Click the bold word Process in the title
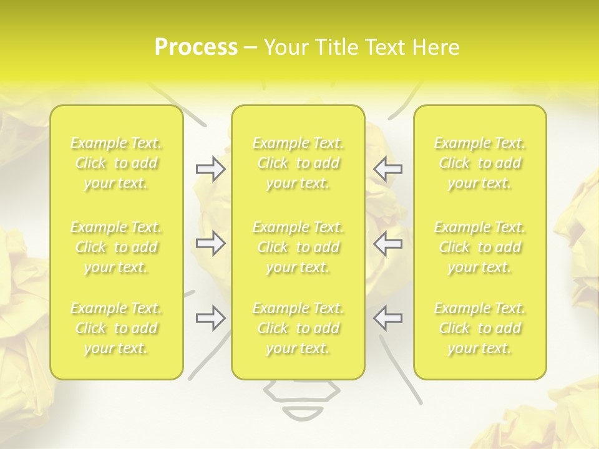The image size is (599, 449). coord(196,47)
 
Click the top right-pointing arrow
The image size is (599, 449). coord(210,169)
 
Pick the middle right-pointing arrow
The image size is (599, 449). coord(210,243)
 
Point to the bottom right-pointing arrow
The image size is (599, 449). coord(210,317)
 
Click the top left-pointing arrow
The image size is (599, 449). coord(388,169)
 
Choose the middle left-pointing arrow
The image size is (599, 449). coord(388,243)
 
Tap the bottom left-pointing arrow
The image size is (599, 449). coord(388,317)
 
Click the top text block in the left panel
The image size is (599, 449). coord(117,163)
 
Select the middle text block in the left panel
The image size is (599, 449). coord(117,247)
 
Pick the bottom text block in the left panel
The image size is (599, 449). coord(117,328)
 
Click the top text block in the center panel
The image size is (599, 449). coord(298,163)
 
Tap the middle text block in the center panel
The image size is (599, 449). coord(298,247)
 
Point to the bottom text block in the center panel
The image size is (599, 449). coord(298,328)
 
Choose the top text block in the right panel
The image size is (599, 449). coord(480,163)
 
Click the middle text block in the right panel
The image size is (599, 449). coord(480,247)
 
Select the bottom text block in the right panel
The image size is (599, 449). coord(480,328)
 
